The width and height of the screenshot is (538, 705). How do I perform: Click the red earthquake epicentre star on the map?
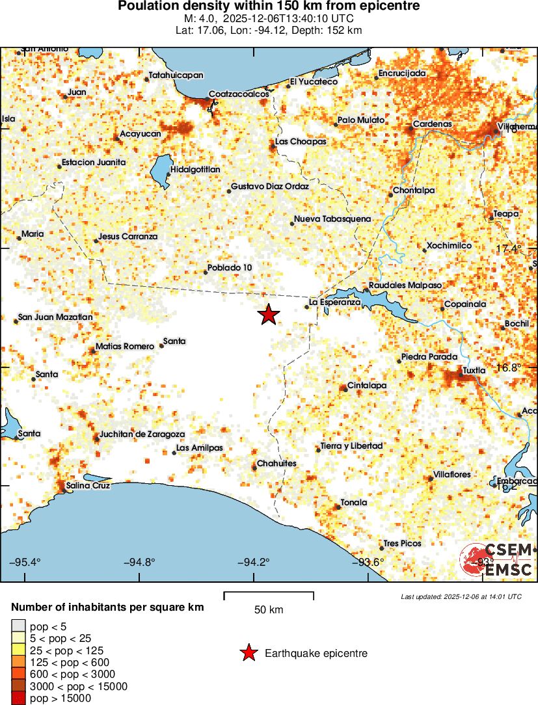click(x=268, y=315)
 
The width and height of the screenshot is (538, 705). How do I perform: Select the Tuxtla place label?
click(x=474, y=371)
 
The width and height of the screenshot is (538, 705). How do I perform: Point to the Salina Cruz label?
click(x=88, y=486)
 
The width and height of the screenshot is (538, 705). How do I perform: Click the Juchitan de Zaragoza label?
click(x=142, y=434)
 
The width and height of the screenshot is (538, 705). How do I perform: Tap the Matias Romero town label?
click(x=125, y=347)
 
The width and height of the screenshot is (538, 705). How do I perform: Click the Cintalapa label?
click(x=367, y=386)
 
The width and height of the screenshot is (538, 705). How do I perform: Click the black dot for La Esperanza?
click(x=306, y=306)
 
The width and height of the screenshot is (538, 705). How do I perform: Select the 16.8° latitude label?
click(x=509, y=367)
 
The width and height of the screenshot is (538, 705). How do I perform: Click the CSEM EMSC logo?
click(x=497, y=560)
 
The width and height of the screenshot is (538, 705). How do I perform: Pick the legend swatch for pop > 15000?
click(x=18, y=698)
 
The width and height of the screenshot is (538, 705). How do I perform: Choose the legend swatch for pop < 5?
click(x=18, y=626)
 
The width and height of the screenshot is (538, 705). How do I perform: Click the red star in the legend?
click(x=248, y=653)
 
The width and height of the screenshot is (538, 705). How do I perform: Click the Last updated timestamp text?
click(x=461, y=596)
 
